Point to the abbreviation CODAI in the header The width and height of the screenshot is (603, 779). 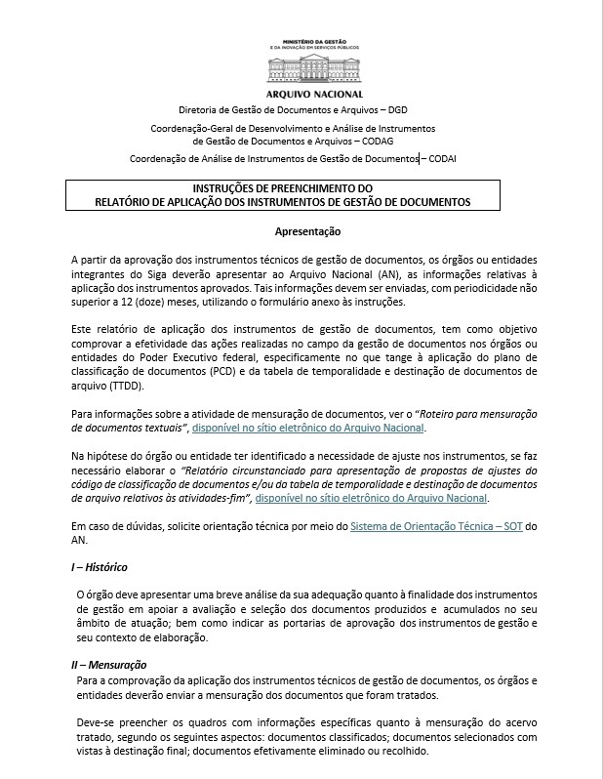coord(440,158)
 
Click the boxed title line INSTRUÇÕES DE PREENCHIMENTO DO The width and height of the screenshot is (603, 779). coord(283,188)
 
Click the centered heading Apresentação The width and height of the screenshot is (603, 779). coord(307,232)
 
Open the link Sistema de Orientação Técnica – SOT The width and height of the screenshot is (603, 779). coord(436,527)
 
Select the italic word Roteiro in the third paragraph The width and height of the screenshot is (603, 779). coord(450,413)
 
